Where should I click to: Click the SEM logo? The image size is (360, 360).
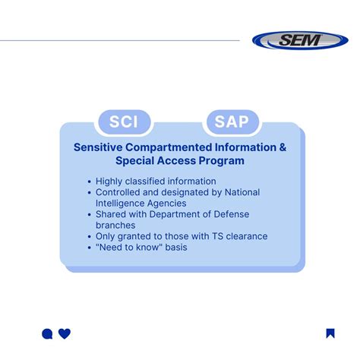(x=300, y=40)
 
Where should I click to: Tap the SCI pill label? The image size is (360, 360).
(x=125, y=122)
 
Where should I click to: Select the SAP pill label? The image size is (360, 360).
(x=232, y=122)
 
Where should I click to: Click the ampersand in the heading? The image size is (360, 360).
(x=283, y=147)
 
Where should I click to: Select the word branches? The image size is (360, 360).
(x=115, y=226)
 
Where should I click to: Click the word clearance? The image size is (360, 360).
(x=243, y=236)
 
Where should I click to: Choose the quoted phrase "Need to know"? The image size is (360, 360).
(x=128, y=248)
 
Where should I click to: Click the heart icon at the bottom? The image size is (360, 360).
(x=65, y=333)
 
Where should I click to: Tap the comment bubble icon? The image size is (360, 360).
(x=47, y=333)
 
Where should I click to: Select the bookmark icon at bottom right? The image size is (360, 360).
(x=330, y=333)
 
